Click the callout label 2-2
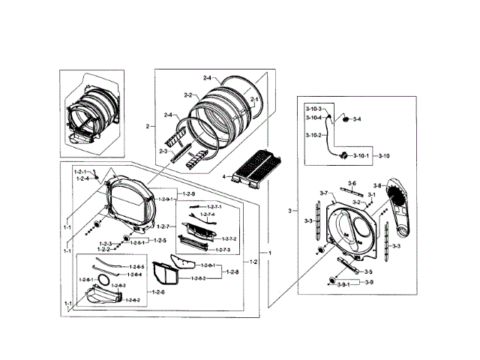[x=188, y=95]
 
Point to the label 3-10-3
[x=313, y=109]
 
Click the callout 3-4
[x=357, y=119]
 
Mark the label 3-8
[x=377, y=185]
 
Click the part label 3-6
[x=352, y=183]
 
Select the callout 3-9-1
[x=344, y=286]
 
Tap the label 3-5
[x=368, y=271]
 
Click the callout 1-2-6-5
[x=136, y=267]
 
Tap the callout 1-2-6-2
[x=132, y=300]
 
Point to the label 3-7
[x=324, y=193]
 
